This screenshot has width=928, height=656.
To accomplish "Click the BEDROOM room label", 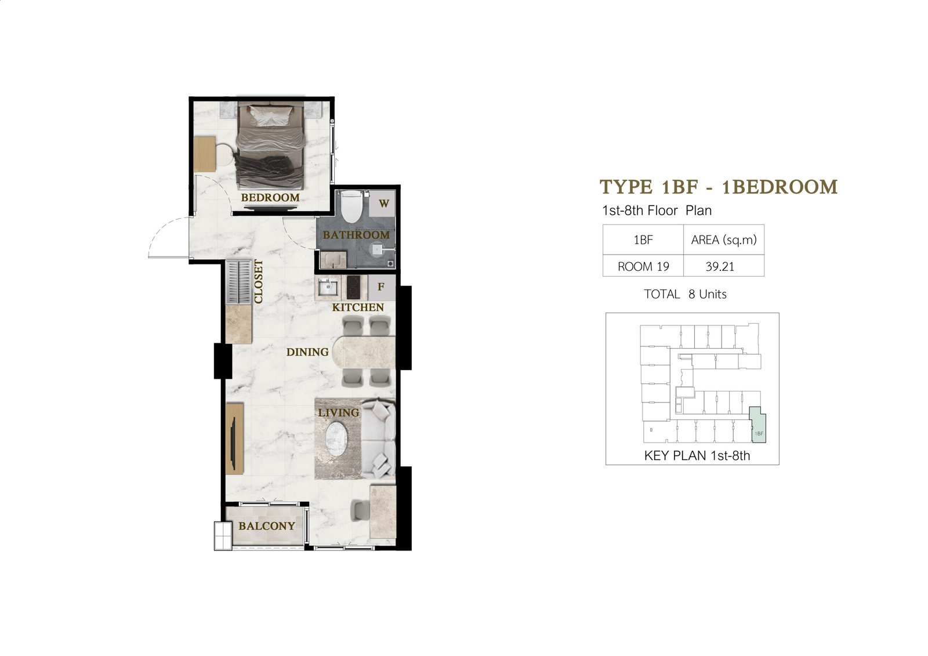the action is (270, 198).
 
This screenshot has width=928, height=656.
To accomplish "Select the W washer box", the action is (382, 204).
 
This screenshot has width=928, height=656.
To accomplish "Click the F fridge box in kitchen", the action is (381, 287).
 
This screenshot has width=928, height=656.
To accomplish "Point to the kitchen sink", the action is (328, 287).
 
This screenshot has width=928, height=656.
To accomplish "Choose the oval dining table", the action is (364, 352).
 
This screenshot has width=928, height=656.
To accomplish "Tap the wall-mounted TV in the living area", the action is (234, 444).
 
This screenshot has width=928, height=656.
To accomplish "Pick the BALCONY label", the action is (267, 526).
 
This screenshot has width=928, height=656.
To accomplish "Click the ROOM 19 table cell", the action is (643, 266).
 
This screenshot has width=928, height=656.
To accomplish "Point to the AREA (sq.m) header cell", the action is (723, 240).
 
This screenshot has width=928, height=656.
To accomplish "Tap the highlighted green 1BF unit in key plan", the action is (758, 425).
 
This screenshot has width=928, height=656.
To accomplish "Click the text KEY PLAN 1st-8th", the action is (697, 456).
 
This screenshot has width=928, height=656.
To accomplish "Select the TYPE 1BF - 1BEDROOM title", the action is (719, 187).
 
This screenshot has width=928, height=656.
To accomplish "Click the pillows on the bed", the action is (271, 116).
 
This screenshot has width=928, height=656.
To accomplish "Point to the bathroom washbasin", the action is (333, 259).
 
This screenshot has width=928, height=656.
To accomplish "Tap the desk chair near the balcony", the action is (359, 510).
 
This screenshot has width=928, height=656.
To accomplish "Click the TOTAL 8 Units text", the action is (685, 294).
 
